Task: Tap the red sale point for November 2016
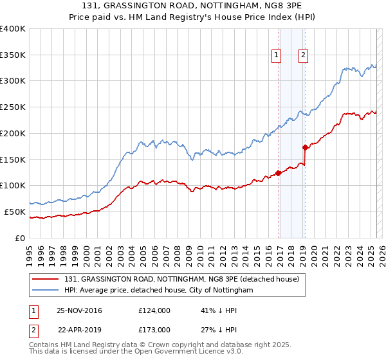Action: [x=279, y=172]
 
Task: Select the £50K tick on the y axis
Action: [x=15, y=212]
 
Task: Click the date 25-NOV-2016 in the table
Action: [x=79, y=310]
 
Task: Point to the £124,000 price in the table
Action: [x=154, y=310]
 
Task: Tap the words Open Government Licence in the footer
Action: [x=159, y=353]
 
